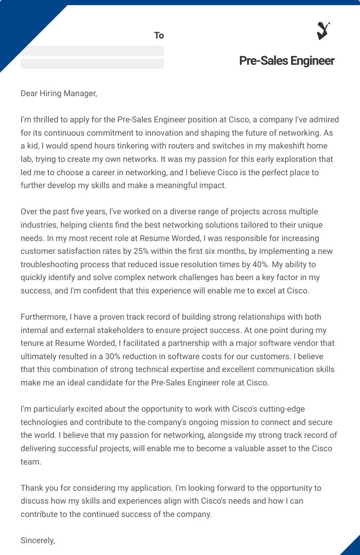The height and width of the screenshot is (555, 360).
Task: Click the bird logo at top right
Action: (323, 31)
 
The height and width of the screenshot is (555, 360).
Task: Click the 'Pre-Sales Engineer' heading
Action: (286, 61)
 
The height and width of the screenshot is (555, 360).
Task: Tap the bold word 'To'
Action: (159, 35)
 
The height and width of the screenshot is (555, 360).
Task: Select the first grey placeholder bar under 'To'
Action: (92, 51)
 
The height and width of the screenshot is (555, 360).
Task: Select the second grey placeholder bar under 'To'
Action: (92, 64)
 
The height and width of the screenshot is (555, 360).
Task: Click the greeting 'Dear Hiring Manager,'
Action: (59, 93)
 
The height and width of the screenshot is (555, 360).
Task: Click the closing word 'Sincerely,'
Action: (38, 541)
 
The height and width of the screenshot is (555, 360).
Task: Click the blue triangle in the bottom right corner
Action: (352, 547)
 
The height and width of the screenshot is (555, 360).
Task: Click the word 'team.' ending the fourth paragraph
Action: (30, 461)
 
